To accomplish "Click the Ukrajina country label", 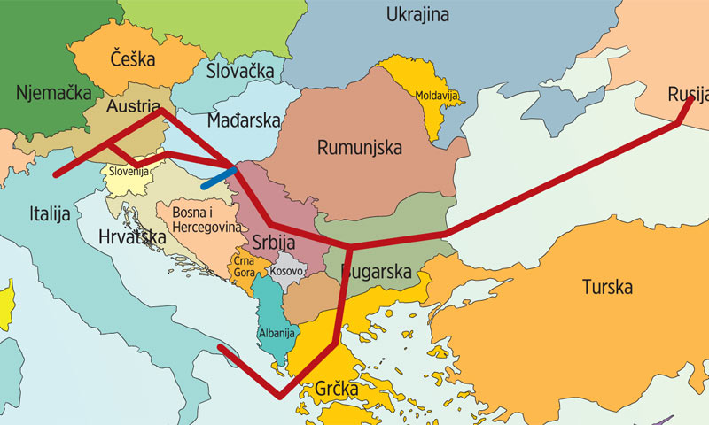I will (x=417, y=15).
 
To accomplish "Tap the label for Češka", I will (x=133, y=60).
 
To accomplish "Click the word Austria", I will (x=131, y=105).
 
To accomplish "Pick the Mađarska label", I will (x=243, y=120).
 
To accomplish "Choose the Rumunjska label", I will (x=359, y=147).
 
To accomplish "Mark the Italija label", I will (x=51, y=214).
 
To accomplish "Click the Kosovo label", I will (x=286, y=271).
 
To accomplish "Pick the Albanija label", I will (x=273, y=334).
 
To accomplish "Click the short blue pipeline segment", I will (x=218, y=178).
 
